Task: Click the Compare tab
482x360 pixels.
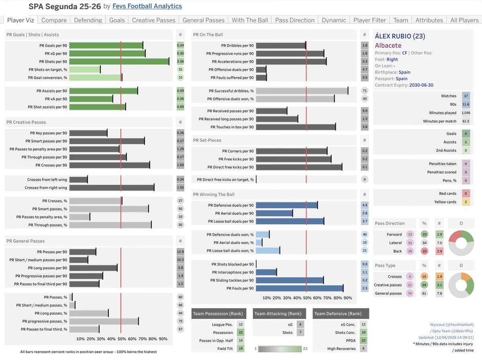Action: [x=54, y=20]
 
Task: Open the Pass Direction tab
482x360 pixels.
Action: [x=295, y=20]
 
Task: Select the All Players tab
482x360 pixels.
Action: [x=464, y=20]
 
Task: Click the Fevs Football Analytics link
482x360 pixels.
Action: [x=147, y=6]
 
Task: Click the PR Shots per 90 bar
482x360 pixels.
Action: [x=119, y=61]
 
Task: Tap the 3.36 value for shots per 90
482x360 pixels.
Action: [x=180, y=61]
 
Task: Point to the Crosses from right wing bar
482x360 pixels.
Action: [x=112, y=188]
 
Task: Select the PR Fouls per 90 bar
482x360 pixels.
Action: [x=300, y=288]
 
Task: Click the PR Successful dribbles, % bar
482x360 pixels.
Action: [x=302, y=91]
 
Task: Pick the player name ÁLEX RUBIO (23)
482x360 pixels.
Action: [x=400, y=36]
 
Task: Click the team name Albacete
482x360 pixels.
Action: [x=388, y=45]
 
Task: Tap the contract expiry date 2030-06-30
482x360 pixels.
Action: [x=421, y=85]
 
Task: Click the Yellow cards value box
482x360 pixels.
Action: [x=466, y=202]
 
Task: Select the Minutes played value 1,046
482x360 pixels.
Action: [x=466, y=112]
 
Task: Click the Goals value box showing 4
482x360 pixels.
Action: [x=466, y=133]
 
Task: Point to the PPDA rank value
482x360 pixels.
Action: [x=364, y=340]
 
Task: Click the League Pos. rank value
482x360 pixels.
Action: [x=241, y=324]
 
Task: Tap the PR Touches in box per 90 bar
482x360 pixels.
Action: [x=296, y=127]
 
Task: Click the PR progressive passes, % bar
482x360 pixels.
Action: [x=104, y=321]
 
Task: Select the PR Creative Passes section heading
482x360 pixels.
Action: [x=26, y=122]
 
